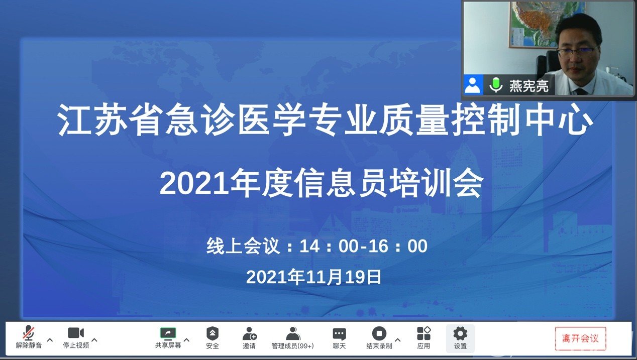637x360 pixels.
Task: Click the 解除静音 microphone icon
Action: pyautogui.click(x=29, y=333)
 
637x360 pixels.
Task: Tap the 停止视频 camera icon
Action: pyautogui.click(x=76, y=333)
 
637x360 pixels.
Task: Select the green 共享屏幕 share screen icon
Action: pyautogui.click(x=168, y=333)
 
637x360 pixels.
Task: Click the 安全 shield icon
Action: pyautogui.click(x=213, y=333)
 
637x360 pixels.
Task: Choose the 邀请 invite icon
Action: pyautogui.click(x=249, y=333)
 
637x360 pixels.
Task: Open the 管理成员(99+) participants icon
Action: pyautogui.click(x=293, y=333)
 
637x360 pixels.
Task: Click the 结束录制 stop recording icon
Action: pyautogui.click(x=379, y=333)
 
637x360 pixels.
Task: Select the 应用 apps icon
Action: pyautogui.click(x=423, y=333)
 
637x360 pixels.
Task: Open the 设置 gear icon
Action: pyautogui.click(x=460, y=333)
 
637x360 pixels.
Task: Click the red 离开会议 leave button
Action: pyautogui.click(x=580, y=338)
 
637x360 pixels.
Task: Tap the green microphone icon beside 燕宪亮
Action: pyautogui.click(x=496, y=85)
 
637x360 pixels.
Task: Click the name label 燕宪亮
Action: pyautogui.click(x=528, y=85)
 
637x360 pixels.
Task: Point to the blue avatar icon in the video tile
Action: pyautogui.click(x=473, y=85)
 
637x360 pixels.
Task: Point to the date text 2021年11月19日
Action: pyautogui.click(x=313, y=277)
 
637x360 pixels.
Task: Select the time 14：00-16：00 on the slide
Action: pyautogui.click(x=363, y=246)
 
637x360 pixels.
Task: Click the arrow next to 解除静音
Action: pyautogui.click(x=50, y=340)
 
